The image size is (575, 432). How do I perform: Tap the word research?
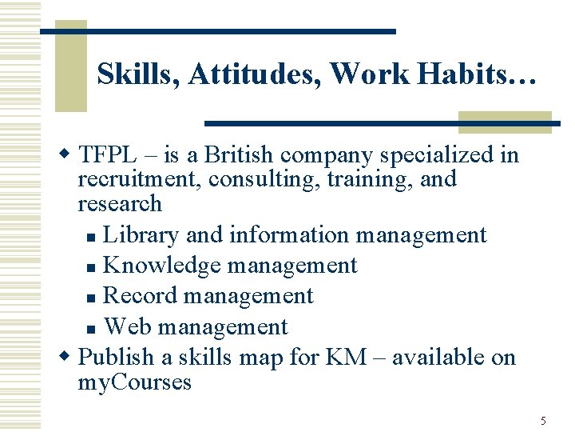point(120,203)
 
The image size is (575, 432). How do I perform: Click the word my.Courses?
point(134,382)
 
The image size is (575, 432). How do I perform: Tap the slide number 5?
point(543,421)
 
